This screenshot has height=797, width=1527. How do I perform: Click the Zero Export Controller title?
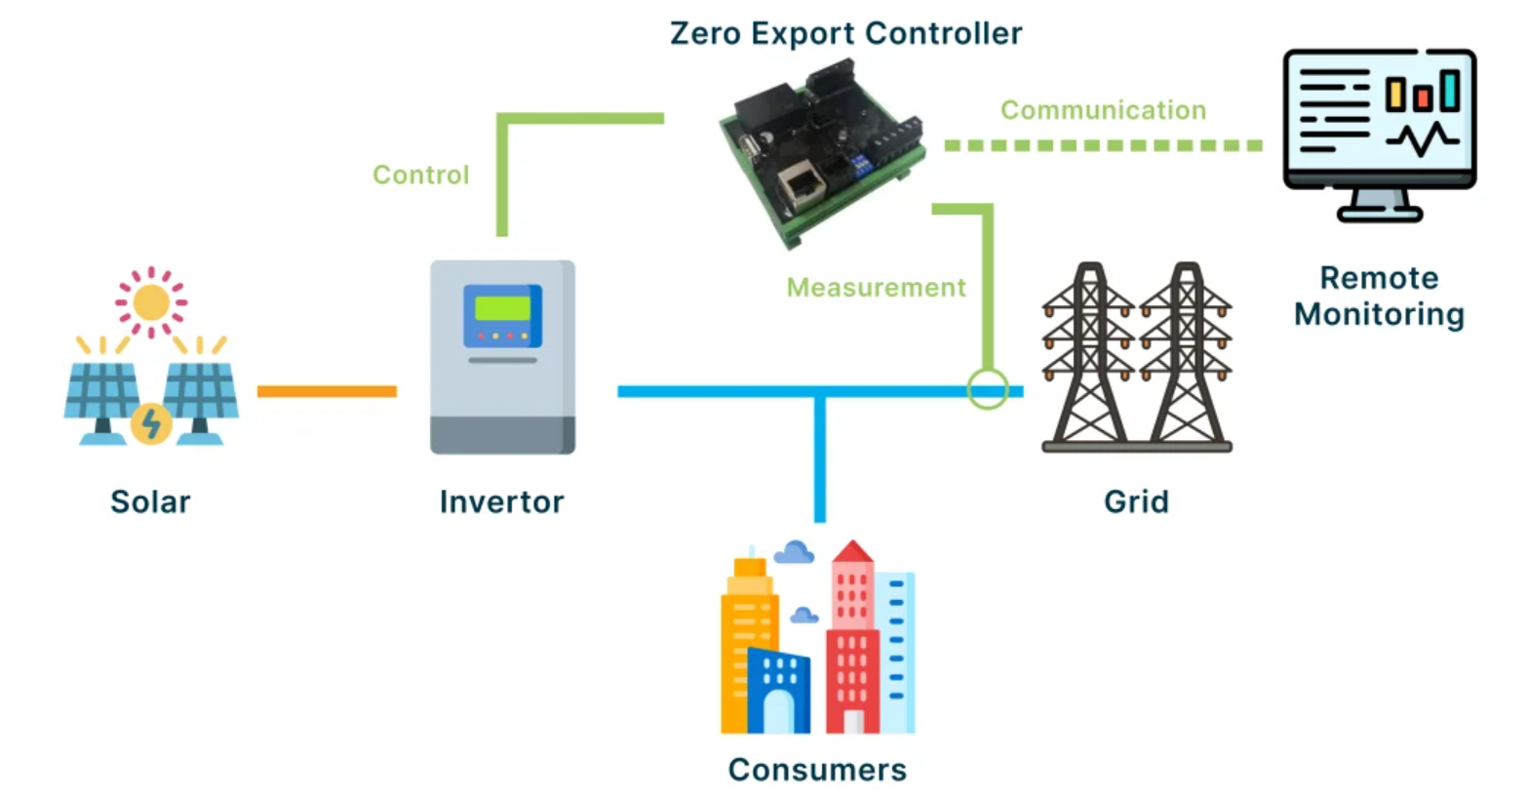(x=845, y=34)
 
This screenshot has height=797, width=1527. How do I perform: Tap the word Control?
(x=420, y=175)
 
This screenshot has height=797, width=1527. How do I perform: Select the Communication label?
(x=1103, y=110)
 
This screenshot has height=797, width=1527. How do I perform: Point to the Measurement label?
(x=876, y=288)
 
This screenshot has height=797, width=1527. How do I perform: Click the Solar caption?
(x=150, y=501)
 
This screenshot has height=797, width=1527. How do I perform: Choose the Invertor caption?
(x=501, y=501)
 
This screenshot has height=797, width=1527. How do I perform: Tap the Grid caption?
(x=1136, y=501)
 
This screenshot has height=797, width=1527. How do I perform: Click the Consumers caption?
(x=817, y=770)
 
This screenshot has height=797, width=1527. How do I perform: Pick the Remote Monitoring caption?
(x=1379, y=296)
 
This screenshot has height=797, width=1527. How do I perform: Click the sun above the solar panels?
(x=151, y=302)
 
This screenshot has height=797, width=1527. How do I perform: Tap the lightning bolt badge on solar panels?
(x=151, y=423)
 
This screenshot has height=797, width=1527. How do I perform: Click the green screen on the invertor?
(x=502, y=308)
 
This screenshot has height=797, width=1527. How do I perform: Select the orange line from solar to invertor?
(x=327, y=391)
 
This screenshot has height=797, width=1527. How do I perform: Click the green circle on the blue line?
(x=987, y=389)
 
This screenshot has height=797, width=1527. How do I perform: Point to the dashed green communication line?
(x=1102, y=145)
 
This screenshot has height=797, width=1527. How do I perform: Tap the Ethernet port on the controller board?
(x=802, y=183)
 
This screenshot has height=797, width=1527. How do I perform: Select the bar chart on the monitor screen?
(x=1423, y=92)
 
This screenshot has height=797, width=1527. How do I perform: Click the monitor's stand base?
(x=1379, y=214)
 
